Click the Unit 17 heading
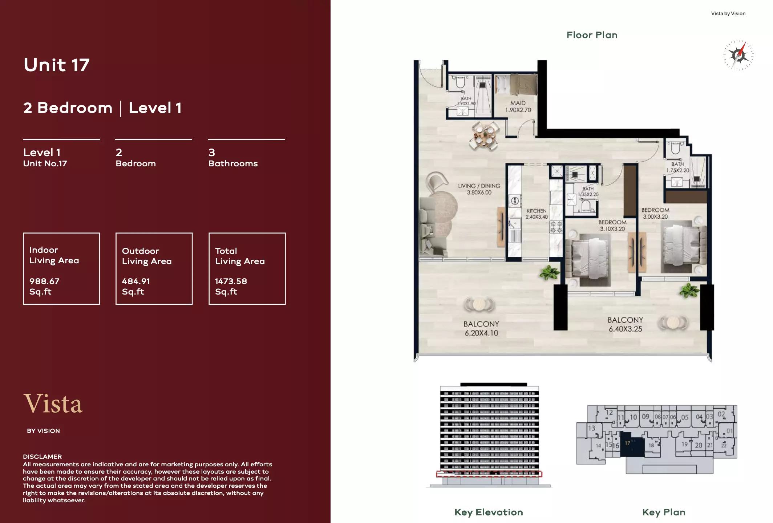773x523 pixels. pos(56,65)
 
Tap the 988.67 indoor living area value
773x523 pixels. pos(44,281)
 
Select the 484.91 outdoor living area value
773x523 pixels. pos(136,281)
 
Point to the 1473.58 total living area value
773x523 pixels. pos(231,281)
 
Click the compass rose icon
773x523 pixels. pos(738,55)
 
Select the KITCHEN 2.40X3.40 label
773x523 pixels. pos(537,214)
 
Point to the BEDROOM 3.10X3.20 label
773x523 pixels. pos(612,225)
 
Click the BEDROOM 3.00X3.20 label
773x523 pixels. pos(655,213)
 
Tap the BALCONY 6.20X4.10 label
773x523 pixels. pos(481,328)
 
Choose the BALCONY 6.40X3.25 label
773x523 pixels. pos(625,324)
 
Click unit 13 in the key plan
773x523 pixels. pos(592,428)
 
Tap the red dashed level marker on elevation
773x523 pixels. pos(489,474)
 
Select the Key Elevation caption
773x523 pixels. pos(489,512)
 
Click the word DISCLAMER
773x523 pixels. pos(42,457)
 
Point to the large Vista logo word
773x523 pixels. pos(53,404)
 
